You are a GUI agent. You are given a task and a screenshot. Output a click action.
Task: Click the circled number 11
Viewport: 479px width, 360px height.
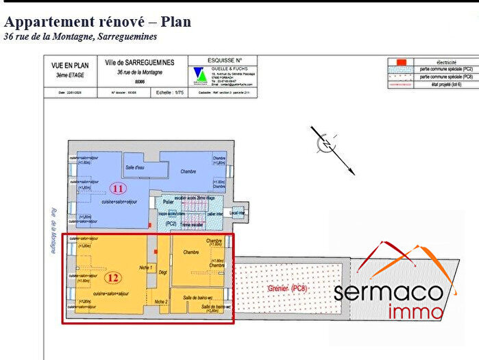pyautogui.click(x=118, y=188)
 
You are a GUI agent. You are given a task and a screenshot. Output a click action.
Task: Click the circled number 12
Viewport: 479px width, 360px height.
pyautogui.click(x=113, y=278)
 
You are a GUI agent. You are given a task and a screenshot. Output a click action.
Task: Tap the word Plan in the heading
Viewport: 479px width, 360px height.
pyautogui.click(x=175, y=21)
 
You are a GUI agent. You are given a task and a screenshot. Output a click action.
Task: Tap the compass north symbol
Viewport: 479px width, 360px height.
pyautogui.click(x=327, y=143)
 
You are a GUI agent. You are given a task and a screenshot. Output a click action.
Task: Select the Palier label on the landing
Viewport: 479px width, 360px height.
pyautogui.click(x=167, y=202)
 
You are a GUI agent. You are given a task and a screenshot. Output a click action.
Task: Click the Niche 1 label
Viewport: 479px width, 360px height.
pyautogui.click(x=145, y=267)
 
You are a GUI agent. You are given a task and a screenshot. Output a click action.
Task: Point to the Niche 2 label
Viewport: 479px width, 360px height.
pyautogui.click(x=161, y=302)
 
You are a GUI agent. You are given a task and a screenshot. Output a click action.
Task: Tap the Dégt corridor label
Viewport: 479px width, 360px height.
pyautogui.click(x=163, y=272)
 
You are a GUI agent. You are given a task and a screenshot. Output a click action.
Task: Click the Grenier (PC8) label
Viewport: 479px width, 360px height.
pyautogui.click(x=287, y=288)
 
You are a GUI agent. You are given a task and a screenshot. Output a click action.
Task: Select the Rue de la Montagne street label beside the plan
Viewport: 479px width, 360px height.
pyautogui.click(x=51, y=232)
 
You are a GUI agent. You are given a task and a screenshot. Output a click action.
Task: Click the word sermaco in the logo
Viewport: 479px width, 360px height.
pyautogui.click(x=387, y=292)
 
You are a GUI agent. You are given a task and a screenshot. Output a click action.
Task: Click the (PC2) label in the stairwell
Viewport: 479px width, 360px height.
pyautogui.click(x=170, y=224)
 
